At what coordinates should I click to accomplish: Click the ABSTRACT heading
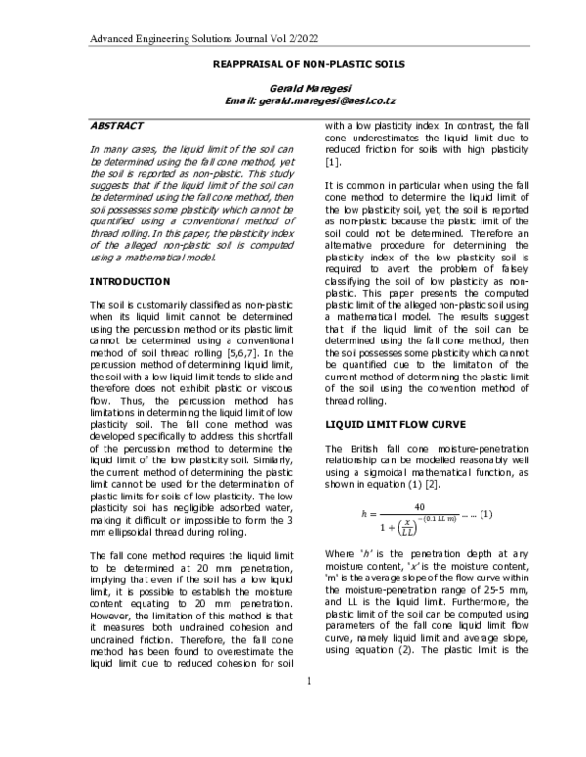(x=116, y=126)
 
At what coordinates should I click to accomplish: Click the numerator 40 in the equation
(x=419, y=507)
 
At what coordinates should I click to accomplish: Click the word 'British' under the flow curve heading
(x=363, y=448)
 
